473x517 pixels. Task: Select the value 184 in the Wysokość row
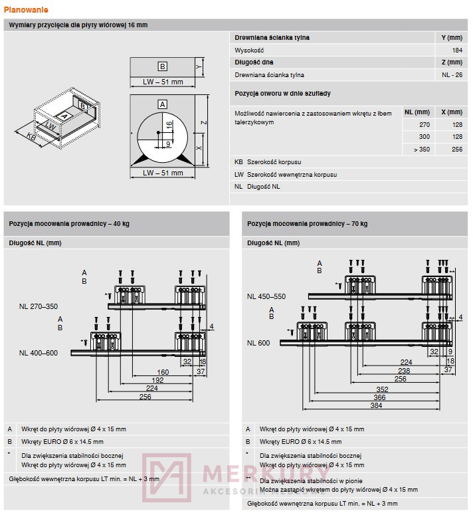pyautogui.click(x=456, y=50)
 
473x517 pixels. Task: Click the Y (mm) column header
pyautogui.click(x=451, y=38)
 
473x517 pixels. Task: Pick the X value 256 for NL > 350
pyautogui.click(x=456, y=149)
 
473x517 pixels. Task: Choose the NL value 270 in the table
pyautogui.click(x=425, y=124)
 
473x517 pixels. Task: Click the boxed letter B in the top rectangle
pyautogui.click(x=162, y=66)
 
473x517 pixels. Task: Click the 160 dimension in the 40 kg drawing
pyautogui.click(x=162, y=372)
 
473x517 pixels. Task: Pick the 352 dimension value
pyautogui.click(x=382, y=389)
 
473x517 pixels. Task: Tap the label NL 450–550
pyautogui.click(x=266, y=296)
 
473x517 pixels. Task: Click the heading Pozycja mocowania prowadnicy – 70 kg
pyautogui.click(x=307, y=224)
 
